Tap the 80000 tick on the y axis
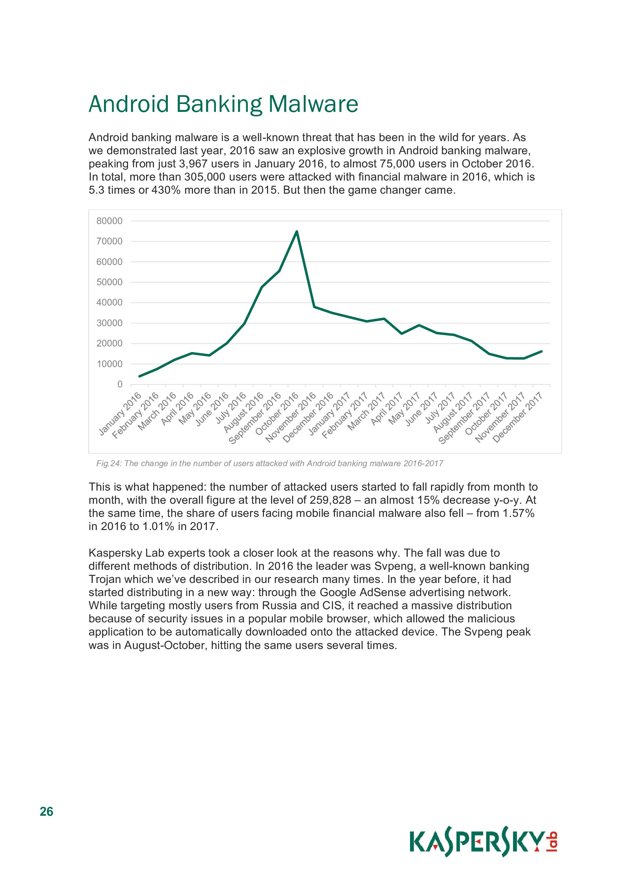click(109, 221)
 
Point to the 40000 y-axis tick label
click(109, 303)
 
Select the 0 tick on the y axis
click(120, 384)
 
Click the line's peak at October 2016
click(297, 231)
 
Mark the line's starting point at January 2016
click(140, 376)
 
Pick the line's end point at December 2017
click(541, 351)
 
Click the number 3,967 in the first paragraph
click(193, 164)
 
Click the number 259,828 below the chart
click(330, 500)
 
